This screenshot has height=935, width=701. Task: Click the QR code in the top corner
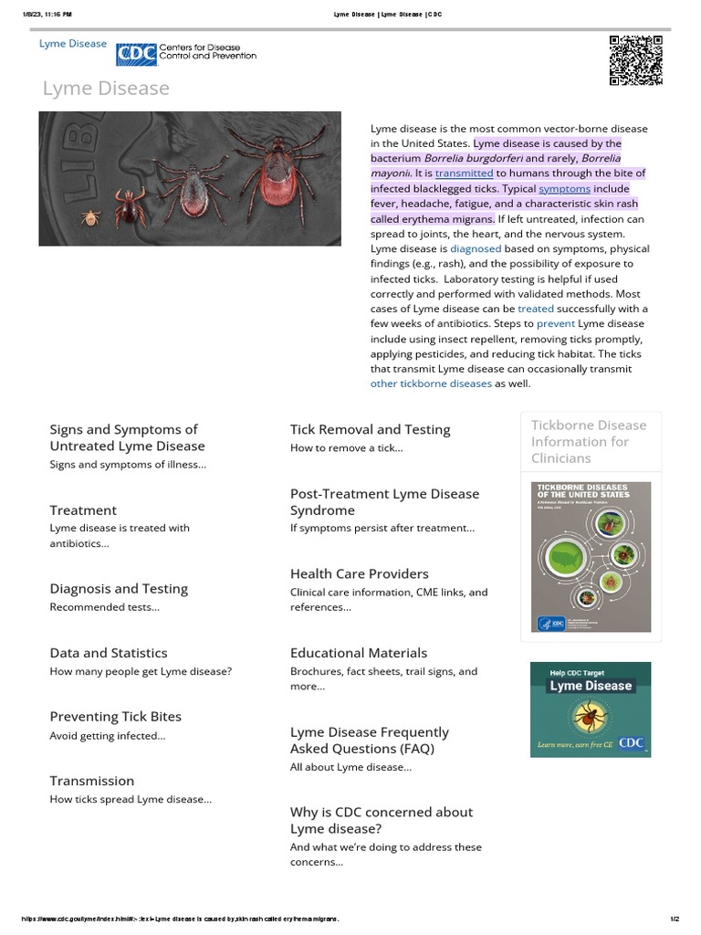[x=635, y=60]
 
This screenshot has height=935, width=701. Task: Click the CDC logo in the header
[x=136, y=55]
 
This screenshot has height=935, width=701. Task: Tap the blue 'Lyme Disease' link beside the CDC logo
[x=72, y=44]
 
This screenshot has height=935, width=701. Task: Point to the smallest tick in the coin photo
[x=90, y=217]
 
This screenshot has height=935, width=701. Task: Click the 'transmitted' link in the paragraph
[x=464, y=173]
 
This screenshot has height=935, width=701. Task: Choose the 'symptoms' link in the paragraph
[x=564, y=188]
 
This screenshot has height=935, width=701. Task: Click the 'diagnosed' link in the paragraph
[x=476, y=248]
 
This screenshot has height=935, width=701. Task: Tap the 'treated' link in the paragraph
[x=536, y=309]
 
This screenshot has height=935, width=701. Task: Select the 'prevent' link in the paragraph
[x=555, y=323]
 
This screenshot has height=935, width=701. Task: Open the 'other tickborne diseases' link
[x=431, y=383]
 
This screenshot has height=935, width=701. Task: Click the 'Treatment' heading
[x=83, y=510]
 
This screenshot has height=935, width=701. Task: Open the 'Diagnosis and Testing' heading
[x=119, y=589]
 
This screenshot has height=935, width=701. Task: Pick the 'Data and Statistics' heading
[x=109, y=653]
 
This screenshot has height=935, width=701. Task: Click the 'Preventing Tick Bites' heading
[x=115, y=717]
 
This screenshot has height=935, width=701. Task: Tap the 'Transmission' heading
[x=91, y=781]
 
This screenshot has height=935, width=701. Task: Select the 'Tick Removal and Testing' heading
[x=370, y=429]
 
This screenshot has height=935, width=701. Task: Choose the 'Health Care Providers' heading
[x=359, y=573]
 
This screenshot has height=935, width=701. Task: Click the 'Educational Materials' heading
[x=358, y=653]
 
